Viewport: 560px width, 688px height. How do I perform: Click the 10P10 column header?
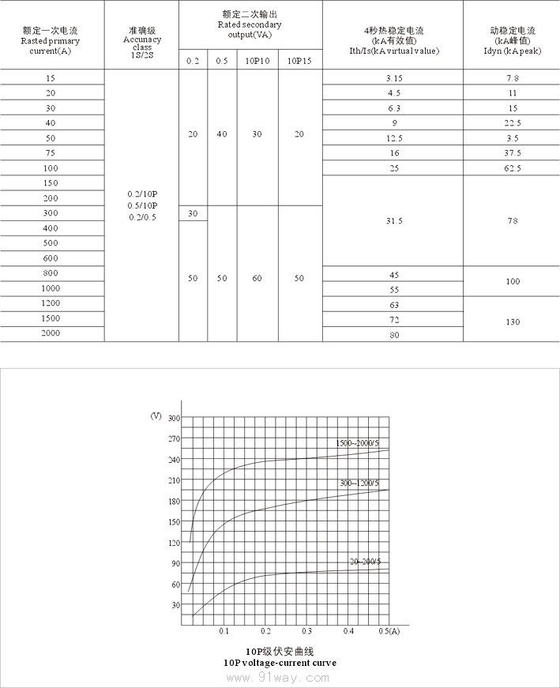pyautogui.click(x=257, y=61)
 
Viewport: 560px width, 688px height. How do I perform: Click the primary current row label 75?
pyautogui.click(x=51, y=153)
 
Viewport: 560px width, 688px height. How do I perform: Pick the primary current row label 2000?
pyautogui.click(x=51, y=333)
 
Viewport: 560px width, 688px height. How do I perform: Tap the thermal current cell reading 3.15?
pyautogui.click(x=394, y=78)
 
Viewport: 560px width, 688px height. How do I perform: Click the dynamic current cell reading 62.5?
pyautogui.click(x=513, y=168)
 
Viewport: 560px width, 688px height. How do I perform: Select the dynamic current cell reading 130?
pyautogui.click(x=513, y=321)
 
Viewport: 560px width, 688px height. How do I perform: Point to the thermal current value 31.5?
pyautogui.click(x=394, y=221)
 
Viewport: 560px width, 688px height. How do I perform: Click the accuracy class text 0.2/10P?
pyautogui.click(x=142, y=194)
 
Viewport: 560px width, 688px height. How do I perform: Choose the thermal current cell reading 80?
pyautogui.click(x=394, y=335)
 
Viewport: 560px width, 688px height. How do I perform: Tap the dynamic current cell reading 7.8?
pyautogui.click(x=513, y=78)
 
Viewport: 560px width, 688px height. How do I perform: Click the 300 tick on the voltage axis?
pyautogui.click(x=175, y=418)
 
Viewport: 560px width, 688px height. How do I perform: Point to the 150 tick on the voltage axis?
pyautogui.click(x=175, y=521)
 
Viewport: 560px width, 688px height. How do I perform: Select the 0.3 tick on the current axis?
pyautogui.click(x=306, y=631)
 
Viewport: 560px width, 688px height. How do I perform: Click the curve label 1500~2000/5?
pyautogui.click(x=358, y=443)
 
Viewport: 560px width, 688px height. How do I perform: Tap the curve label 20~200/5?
pyautogui.click(x=366, y=562)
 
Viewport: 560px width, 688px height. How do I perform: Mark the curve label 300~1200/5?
pyautogui.click(x=359, y=483)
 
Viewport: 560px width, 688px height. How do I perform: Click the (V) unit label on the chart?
pyautogui.click(x=155, y=415)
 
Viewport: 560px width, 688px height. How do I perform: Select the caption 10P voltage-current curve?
pyautogui.click(x=280, y=663)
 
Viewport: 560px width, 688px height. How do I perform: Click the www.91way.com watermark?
pyautogui.click(x=280, y=678)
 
